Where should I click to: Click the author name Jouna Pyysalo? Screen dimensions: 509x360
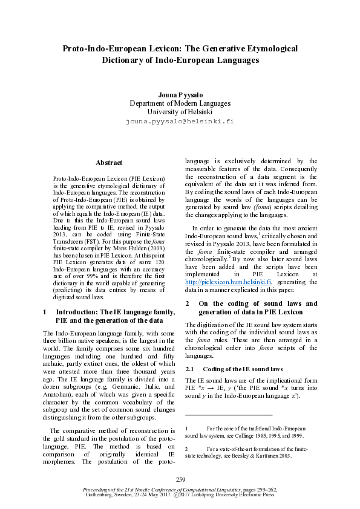point(180,95)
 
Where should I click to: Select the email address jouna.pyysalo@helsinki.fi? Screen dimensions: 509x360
point(180,121)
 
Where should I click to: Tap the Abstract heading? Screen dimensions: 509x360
point(109,163)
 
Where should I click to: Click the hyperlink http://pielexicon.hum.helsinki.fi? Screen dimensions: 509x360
point(229,281)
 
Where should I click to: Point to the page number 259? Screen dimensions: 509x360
point(180,479)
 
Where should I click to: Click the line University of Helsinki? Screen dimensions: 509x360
point(180,112)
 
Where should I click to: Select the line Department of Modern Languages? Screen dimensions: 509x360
point(180,103)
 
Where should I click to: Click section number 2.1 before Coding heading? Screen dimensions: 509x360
point(189,369)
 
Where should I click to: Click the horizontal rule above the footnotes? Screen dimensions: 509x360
point(228,415)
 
